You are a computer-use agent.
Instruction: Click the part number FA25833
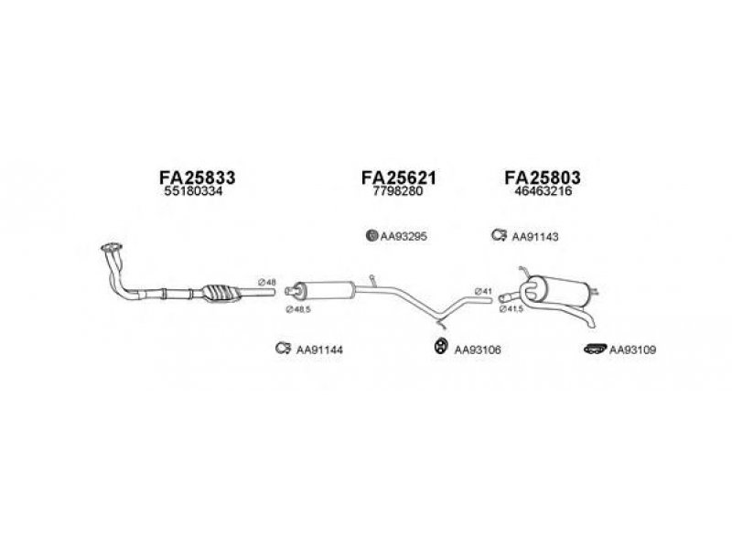pos(197,178)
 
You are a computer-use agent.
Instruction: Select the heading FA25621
pos(399,178)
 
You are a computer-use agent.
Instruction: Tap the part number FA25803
pos(543,178)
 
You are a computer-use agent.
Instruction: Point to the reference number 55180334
pos(193,191)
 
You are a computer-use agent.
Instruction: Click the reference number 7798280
pos(398,191)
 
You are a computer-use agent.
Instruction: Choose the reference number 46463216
pos(543,191)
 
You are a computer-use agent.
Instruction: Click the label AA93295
pos(404,237)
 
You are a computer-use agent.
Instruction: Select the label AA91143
pos(535,237)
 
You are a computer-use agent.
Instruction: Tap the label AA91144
pos(319,350)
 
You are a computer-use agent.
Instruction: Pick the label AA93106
pos(478,350)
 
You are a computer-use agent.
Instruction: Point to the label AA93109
pos(632,350)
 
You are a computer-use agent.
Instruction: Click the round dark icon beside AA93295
pos(371,235)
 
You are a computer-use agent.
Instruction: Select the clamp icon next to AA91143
pos(499,235)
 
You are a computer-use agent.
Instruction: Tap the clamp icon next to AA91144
pos(283,349)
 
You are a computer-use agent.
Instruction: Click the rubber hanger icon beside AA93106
pos(439,346)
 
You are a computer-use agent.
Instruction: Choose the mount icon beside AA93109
pos(596,349)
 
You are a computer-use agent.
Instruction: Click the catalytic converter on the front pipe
pos(221,293)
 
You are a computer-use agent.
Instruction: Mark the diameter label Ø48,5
pos(298,309)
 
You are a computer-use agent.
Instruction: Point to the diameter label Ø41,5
pos(511,309)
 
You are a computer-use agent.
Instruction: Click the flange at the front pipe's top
pos(111,248)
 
